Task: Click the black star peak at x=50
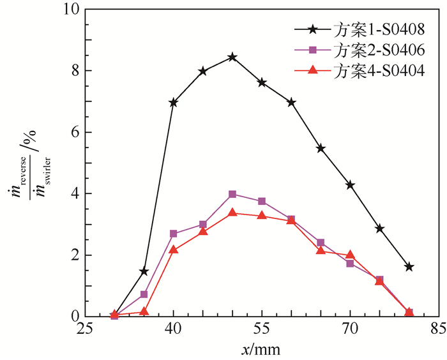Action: click(x=232, y=57)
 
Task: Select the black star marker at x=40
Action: click(x=173, y=102)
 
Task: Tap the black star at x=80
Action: click(x=409, y=267)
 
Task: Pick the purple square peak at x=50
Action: click(x=232, y=194)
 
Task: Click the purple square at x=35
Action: click(x=144, y=294)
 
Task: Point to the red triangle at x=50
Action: click(x=232, y=213)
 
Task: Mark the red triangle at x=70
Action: click(x=350, y=255)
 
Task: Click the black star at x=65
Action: click(x=321, y=148)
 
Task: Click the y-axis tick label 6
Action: click(x=75, y=133)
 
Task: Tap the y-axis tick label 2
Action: click(x=75, y=255)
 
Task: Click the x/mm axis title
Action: click(x=262, y=349)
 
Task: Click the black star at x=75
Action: click(x=380, y=229)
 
